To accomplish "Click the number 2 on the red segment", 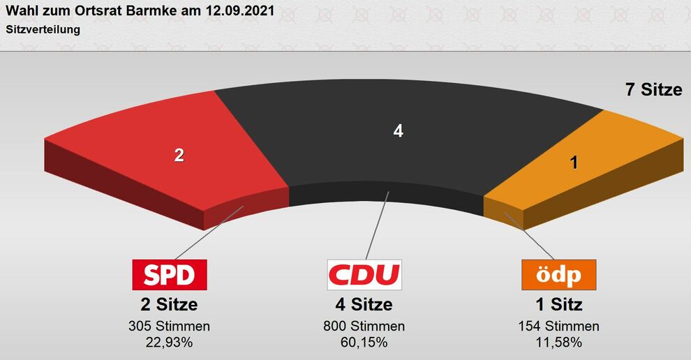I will tap(179, 156).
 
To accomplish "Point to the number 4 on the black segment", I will tap(398, 130).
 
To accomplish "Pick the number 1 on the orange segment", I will tap(574, 163).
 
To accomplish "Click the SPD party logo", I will tap(170, 275).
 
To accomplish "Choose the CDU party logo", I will tap(364, 275).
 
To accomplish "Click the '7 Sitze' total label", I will tap(653, 89).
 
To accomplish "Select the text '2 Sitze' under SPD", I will tap(169, 305).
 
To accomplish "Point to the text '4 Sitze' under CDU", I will tap(364, 305).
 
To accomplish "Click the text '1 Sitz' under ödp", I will tap(558, 305).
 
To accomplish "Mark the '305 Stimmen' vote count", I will tap(169, 327).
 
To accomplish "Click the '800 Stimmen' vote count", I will tap(364, 327).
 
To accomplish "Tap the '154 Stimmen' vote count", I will tap(558, 327).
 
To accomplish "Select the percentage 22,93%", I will tap(169, 342).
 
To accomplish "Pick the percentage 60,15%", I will tap(364, 342).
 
